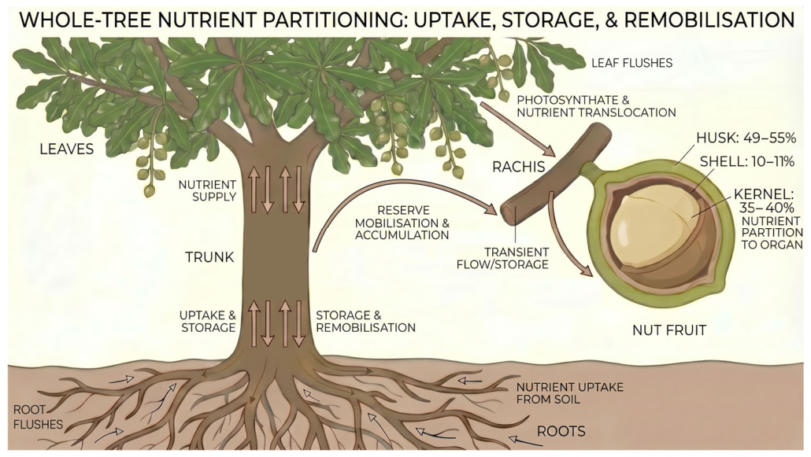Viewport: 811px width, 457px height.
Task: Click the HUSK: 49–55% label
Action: (x=746, y=138)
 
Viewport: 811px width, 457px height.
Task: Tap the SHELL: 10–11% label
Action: (x=747, y=162)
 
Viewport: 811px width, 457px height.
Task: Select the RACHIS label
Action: (x=518, y=167)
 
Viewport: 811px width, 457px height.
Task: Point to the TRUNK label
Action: (x=209, y=257)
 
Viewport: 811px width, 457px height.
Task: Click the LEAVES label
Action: (x=67, y=149)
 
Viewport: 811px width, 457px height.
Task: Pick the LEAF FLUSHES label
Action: (x=632, y=63)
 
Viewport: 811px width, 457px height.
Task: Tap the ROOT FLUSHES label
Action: (x=37, y=417)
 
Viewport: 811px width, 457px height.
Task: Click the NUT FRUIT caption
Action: (x=669, y=330)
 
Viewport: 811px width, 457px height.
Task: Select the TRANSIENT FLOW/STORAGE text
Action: (x=502, y=258)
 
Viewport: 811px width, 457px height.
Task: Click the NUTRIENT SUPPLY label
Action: (x=207, y=191)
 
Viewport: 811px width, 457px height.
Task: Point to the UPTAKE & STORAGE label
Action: (x=208, y=321)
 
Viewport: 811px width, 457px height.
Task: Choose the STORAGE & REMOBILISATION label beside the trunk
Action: (x=365, y=321)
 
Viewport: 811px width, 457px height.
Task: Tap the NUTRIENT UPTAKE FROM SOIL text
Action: (x=570, y=393)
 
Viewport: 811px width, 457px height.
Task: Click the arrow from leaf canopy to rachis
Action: (x=517, y=129)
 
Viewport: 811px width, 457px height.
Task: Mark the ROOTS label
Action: (x=561, y=431)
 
